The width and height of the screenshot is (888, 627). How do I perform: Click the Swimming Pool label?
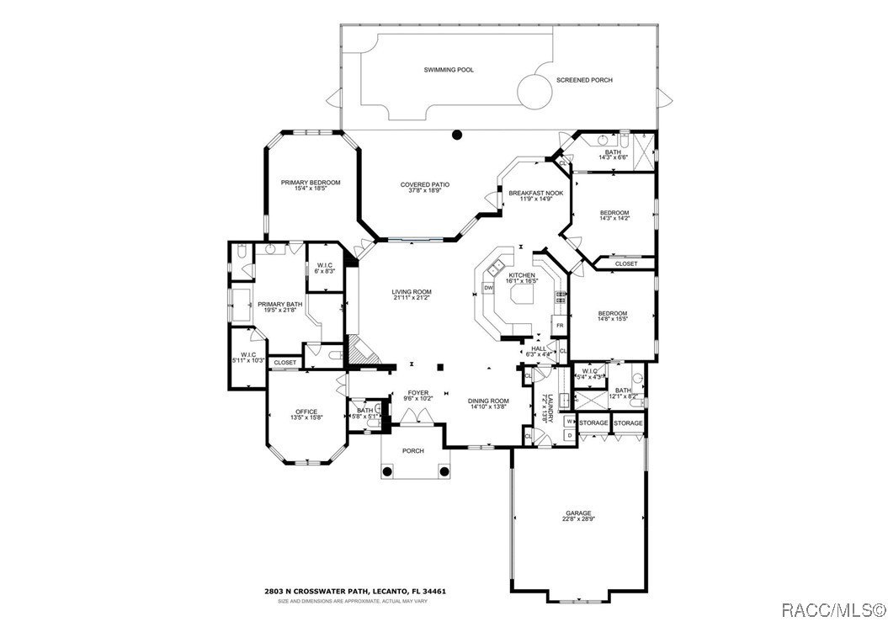coord(448,70)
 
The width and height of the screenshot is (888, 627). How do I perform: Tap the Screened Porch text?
coord(584,80)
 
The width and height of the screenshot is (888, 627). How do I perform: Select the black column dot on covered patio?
coord(457,134)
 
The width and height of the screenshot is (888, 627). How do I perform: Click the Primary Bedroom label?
coord(311,183)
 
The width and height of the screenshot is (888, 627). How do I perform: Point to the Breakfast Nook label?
coord(535,193)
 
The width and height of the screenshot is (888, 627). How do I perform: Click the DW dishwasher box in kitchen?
coord(488,288)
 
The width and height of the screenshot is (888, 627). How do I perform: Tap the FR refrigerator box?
coord(557,325)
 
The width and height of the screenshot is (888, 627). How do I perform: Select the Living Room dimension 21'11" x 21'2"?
coord(411,298)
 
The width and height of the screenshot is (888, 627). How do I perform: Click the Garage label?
coord(578,513)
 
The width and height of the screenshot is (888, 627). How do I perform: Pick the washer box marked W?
coord(569,422)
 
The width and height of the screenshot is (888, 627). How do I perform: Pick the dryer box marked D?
coord(569,435)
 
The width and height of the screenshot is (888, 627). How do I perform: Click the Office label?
coord(306,411)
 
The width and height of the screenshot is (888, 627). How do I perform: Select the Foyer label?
coord(417,392)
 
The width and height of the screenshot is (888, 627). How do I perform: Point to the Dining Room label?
coord(488,401)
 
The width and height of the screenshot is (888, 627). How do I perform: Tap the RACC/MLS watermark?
coord(829,608)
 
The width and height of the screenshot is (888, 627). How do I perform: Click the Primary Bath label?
coord(279,304)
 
